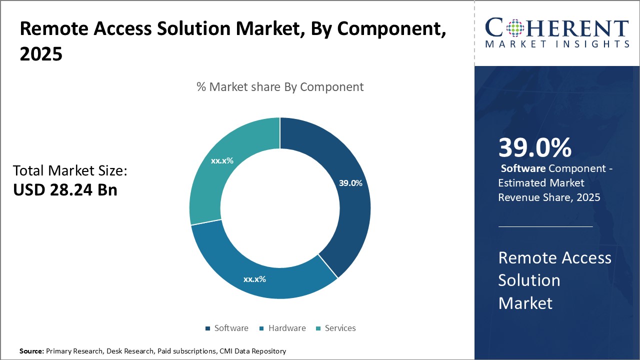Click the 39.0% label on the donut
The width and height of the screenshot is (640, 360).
350,183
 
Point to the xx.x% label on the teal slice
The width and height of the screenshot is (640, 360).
222,161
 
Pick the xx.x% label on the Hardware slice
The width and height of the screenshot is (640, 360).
254,279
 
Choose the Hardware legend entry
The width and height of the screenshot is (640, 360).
287,328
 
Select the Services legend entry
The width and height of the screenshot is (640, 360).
340,328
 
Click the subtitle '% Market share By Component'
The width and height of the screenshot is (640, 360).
280,86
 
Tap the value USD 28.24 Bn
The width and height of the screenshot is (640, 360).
65,190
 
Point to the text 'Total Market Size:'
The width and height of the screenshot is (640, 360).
70,171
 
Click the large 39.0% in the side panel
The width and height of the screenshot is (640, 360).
534,147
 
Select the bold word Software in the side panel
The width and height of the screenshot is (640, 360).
523,168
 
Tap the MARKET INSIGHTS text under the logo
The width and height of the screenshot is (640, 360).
557,44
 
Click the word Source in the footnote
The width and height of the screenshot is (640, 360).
31,351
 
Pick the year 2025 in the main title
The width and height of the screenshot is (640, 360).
41,53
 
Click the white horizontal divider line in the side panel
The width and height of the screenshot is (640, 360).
545,226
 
